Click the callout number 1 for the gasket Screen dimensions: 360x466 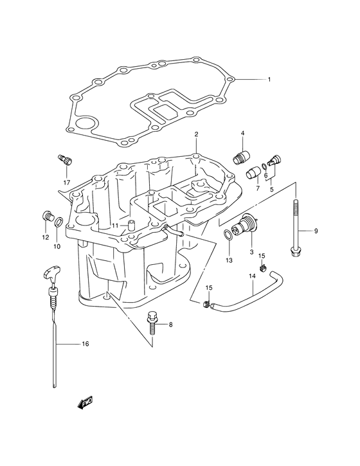tap(269, 80)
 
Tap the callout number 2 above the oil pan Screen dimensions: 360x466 tap(196, 134)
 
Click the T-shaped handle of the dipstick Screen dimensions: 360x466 tap(53, 271)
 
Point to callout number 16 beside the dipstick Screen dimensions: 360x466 tap(85, 344)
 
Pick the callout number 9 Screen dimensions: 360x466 tap(316, 231)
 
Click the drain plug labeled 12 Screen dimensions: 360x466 tap(47, 216)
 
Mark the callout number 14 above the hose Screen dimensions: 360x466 tap(252, 276)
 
